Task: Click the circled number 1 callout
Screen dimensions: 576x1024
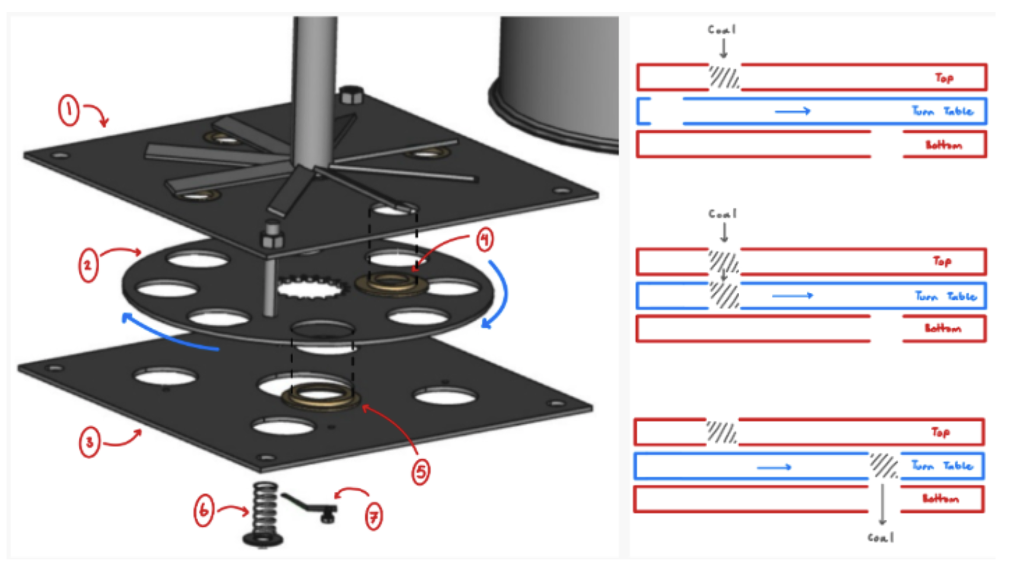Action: [69, 111]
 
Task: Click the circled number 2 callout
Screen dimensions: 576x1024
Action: [88, 265]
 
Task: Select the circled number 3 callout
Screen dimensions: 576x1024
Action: [89, 442]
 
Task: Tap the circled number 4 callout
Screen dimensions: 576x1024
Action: [485, 239]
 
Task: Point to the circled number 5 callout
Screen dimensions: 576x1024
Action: [421, 472]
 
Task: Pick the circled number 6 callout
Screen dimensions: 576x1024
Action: [203, 510]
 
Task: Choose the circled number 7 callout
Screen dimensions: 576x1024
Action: [373, 516]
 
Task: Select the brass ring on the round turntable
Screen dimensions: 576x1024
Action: [391, 284]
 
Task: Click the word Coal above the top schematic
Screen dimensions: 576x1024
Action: [721, 30]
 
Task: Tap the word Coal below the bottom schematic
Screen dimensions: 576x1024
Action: [880, 537]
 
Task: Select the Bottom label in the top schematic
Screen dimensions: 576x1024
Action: [943, 145]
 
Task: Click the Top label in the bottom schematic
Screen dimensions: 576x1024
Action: [940, 432]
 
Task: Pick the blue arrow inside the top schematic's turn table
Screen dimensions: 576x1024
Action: [793, 111]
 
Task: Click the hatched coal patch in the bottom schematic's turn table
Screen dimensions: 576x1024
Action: [883, 466]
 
